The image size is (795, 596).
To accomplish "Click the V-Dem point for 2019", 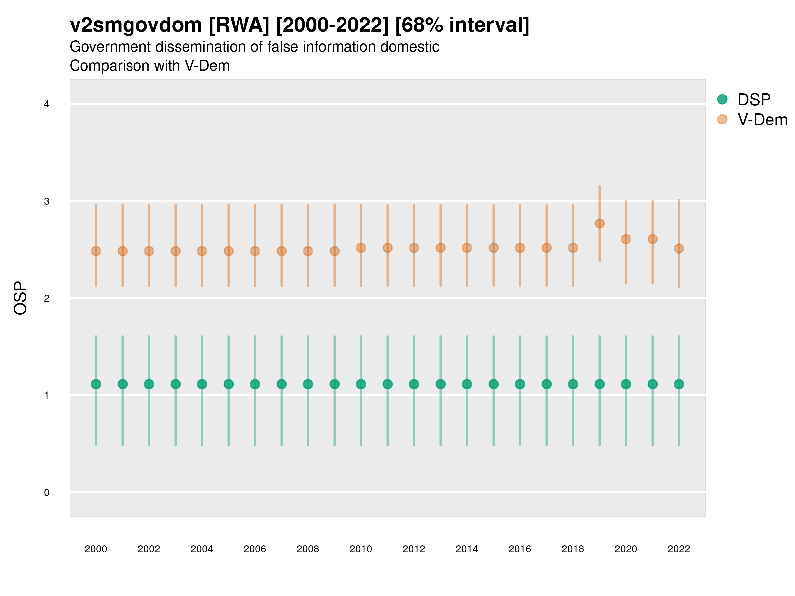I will point(600,224).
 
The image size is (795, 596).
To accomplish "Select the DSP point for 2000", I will point(96,384).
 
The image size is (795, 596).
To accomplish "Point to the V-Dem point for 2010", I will point(361,248).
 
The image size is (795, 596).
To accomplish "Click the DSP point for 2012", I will point(414,384).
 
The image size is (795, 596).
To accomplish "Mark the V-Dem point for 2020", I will point(626,239).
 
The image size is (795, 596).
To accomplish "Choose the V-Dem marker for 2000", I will point(96,251).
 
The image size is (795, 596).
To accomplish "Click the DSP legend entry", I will point(754,100).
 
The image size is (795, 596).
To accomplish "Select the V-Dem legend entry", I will point(762,120).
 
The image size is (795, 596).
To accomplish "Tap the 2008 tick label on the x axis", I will point(308,549).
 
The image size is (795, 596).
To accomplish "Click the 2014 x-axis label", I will point(467,549).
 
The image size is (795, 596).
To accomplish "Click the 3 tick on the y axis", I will point(47,201).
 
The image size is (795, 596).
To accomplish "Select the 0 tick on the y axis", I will point(47,493).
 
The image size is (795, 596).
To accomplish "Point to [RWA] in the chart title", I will point(238,25).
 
